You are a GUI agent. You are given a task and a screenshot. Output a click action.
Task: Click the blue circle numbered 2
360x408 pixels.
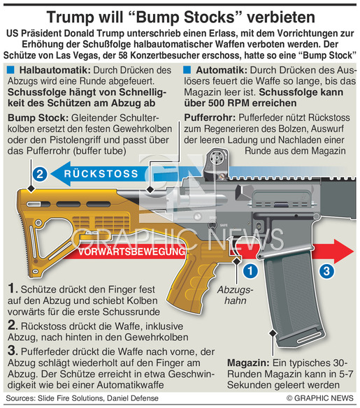pyautogui.click(x=40, y=174)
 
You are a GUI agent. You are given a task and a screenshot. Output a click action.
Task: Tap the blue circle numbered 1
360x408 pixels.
pyautogui.click(x=250, y=271)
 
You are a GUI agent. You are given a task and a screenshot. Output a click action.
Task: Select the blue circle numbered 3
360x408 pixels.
pyautogui.click(x=326, y=271)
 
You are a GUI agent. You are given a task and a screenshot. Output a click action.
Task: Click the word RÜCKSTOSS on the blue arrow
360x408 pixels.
pyautogui.click(x=101, y=174)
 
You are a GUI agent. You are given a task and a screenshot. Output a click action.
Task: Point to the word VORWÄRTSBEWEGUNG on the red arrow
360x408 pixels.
pyautogui.click(x=131, y=252)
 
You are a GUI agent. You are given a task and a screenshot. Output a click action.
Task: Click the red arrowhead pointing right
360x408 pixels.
pyautogui.click(x=344, y=252)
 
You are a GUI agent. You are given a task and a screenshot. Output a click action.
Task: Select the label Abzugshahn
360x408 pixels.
pyautogui.click(x=236, y=295)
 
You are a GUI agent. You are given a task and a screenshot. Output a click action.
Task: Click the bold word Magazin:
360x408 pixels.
pyautogui.click(x=248, y=363)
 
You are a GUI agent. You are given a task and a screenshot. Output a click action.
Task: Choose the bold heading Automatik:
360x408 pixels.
pyautogui.click(x=222, y=71)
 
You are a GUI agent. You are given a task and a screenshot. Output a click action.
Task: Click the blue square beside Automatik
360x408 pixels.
pyautogui.click(x=187, y=70)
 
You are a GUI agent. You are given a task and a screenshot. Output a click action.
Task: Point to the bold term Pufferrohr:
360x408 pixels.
pyautogui.click(x=210, y=117)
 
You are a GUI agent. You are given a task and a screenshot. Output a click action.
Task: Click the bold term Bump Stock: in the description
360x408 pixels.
pyautogui.click(x=38, y=117)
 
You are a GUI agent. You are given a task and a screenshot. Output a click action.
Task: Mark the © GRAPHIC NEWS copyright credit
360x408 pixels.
pyautogui.click(x=320, y=398)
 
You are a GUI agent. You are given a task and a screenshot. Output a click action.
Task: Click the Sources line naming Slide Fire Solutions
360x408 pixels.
pyautogui.click(x=82, y=398)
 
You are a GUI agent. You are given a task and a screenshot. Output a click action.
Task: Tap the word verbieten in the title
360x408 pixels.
pyautogui.click(x=281, y=17)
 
